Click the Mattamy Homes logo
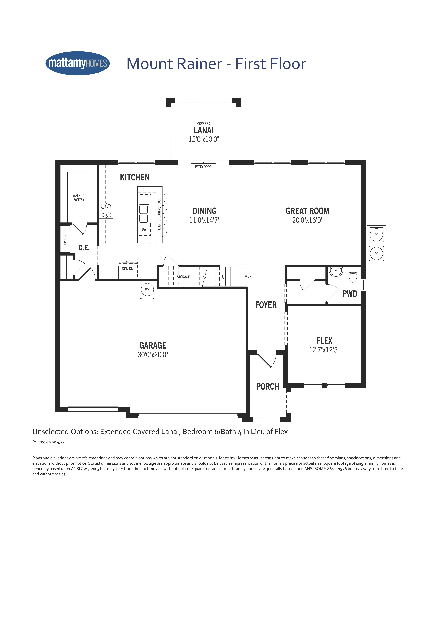coord(78,63)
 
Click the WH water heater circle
coord(147,290)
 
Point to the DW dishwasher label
coord(144,229)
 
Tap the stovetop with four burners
coord(106,211)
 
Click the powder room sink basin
coord(336,271)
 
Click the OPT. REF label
coord(128,268)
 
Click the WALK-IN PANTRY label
coord(79,198)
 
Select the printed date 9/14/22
coord(58,442)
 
